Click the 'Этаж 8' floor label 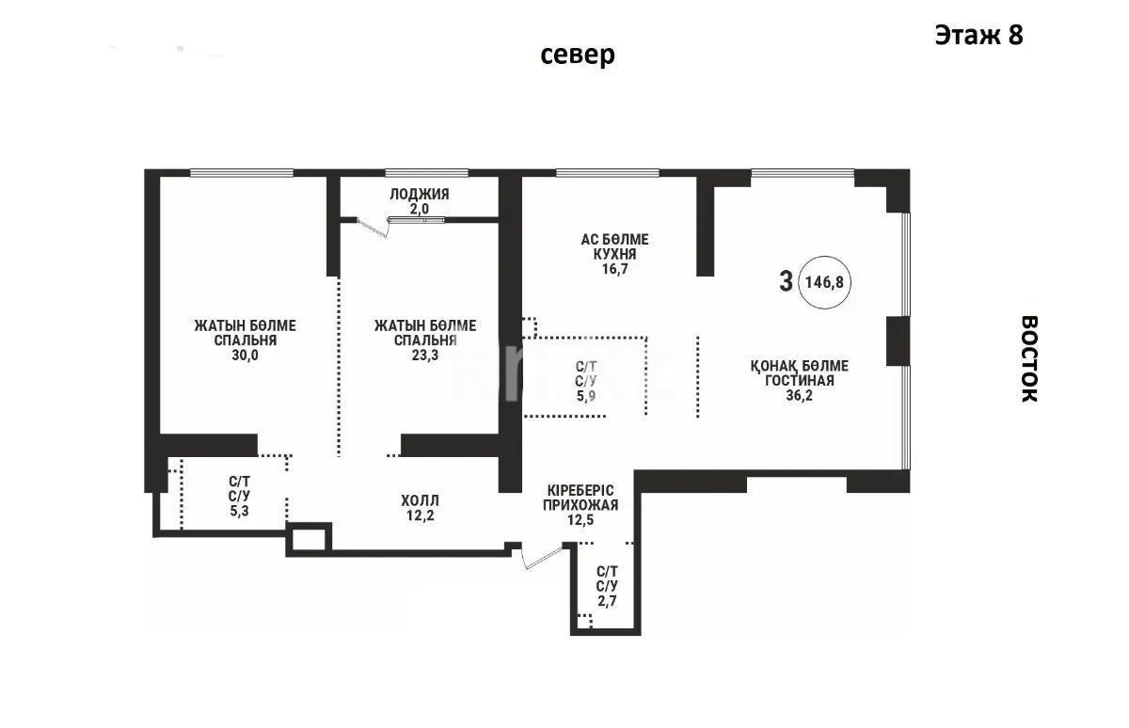[x=978, y=35]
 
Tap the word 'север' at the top [x=578, y=55]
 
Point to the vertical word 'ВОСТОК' [x=1029, y=358]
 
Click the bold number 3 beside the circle [x=786, y=281]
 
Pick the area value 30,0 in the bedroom [x=245, y=356]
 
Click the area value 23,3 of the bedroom [x=424, y=356]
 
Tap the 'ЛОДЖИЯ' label [x=419, y=194]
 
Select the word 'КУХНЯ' [x=613, y=254]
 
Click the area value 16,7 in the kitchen [x=613, y=269]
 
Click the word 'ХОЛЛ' [x=419, y=500]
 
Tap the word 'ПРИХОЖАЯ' [x=580, y=505]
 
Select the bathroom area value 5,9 [x=587, y=396]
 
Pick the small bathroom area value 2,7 [x=608, y=599]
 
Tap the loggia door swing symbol [x=375, y=227]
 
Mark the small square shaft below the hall [x=310, y=539]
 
